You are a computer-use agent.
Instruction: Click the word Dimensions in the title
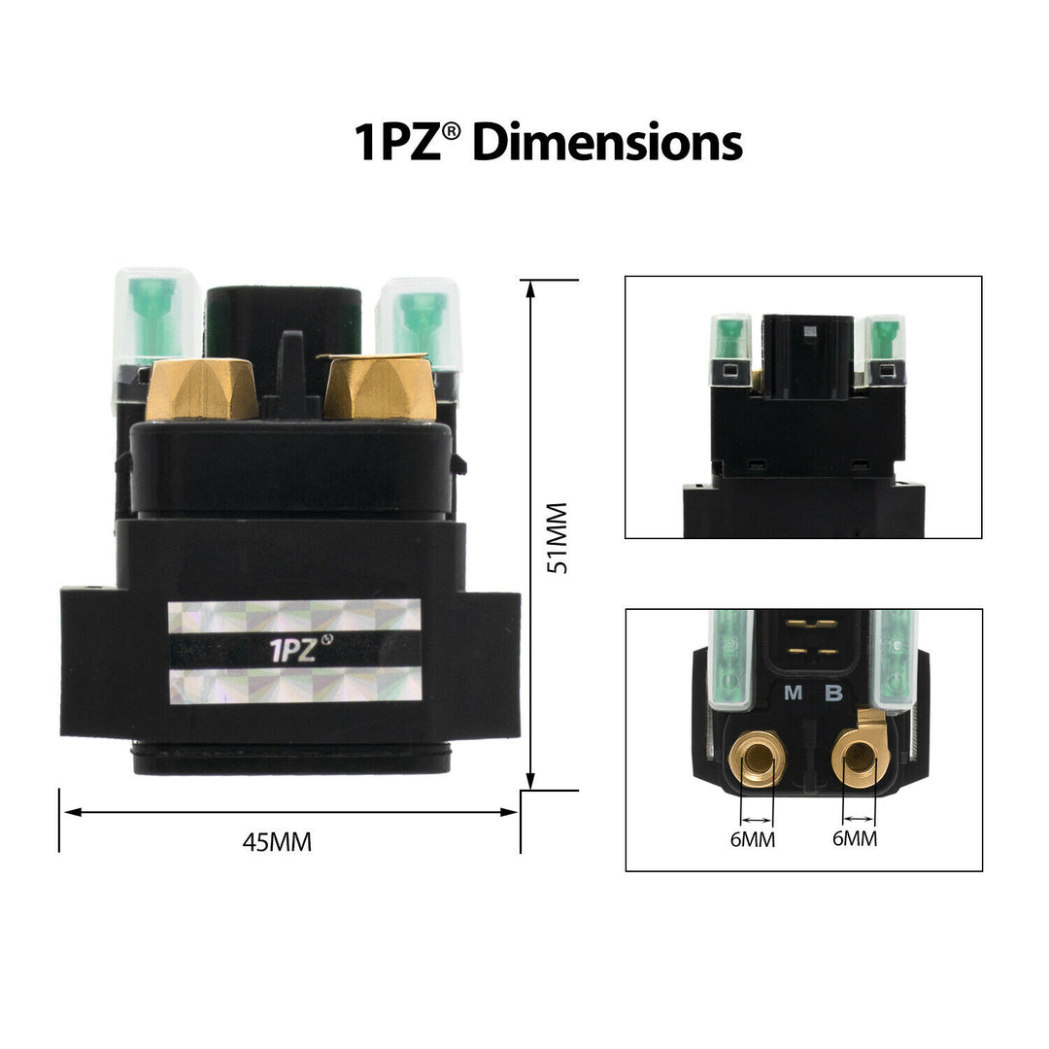point(607,143)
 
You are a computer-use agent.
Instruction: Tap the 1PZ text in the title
point(397,143)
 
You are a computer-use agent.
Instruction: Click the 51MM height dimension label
point(557,537)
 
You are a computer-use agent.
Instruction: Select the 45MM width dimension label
point(277,841)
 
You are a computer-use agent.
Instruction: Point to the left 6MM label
point(753,839)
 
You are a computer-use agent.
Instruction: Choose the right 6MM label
point(855,838)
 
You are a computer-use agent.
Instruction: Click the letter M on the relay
point(793,693)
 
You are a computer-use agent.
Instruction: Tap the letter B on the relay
point(833,693)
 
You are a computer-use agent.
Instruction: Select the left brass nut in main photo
point(202,390)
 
